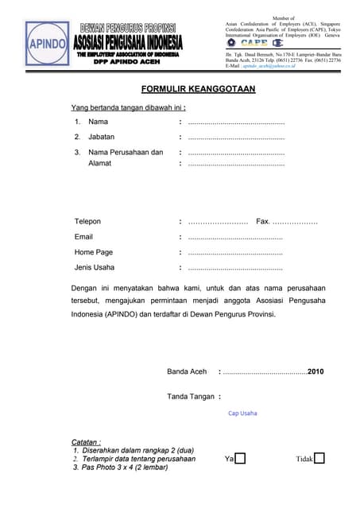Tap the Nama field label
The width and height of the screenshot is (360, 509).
point(98,122)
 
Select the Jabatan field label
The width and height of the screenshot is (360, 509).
point(101,137)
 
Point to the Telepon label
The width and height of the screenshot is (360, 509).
point(87,221)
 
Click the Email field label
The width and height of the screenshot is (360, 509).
point(83,237)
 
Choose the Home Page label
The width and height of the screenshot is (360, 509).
point(94,252)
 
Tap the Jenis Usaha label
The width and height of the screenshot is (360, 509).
point(95,267)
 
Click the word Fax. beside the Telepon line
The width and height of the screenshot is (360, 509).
point(264,221)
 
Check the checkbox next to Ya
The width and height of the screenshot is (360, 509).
point(240,458)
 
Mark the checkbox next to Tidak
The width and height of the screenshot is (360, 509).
point(319,458)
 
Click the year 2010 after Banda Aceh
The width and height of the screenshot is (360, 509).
point(315,371)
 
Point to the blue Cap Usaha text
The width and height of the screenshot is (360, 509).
point(242,414)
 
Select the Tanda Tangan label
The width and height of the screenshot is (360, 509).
point(190,396)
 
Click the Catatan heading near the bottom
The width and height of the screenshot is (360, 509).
point(86,441)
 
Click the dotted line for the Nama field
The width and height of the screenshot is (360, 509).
point(236,123)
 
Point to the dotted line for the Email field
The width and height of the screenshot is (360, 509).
point(235,238)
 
